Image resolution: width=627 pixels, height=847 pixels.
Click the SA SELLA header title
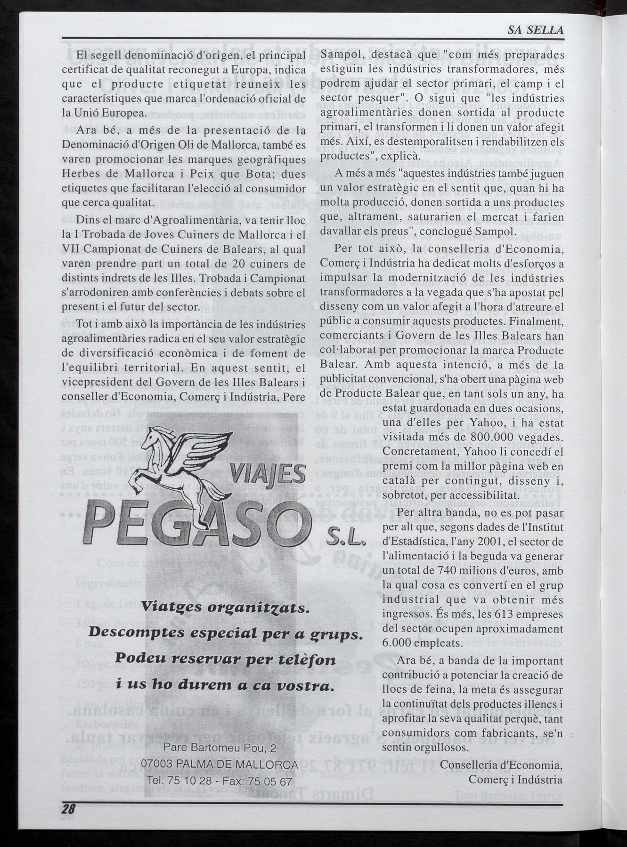point(535,30)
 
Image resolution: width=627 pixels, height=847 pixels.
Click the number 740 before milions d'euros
point(446,571)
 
